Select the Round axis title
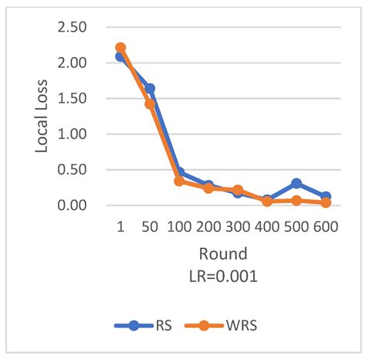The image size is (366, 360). pyautogui.click(x=223, y=253)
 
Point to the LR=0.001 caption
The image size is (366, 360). pyautogui.click(x=223, y=274)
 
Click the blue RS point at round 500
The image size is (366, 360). pyautogui.click(x=297, y=184)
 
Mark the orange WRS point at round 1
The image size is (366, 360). pyautogui.click(x=120, y=48)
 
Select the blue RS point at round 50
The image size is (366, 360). pyautogui.click(x=150, y=89)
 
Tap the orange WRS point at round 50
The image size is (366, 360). pyautogui.click(x=150, y=104)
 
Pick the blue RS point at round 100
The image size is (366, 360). pyautogui.click(x=179, y=172)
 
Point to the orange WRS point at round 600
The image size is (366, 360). pyautogui.click(x=326, y=202)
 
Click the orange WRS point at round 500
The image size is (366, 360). pyautogui.click(x=297, y=201)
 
